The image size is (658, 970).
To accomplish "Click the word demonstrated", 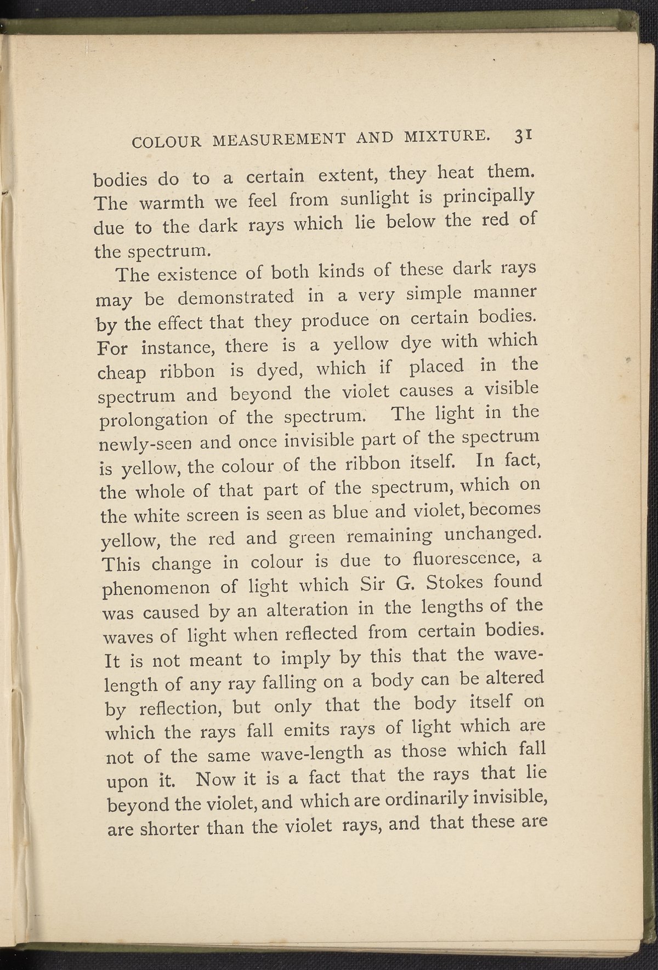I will pos(236,298).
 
